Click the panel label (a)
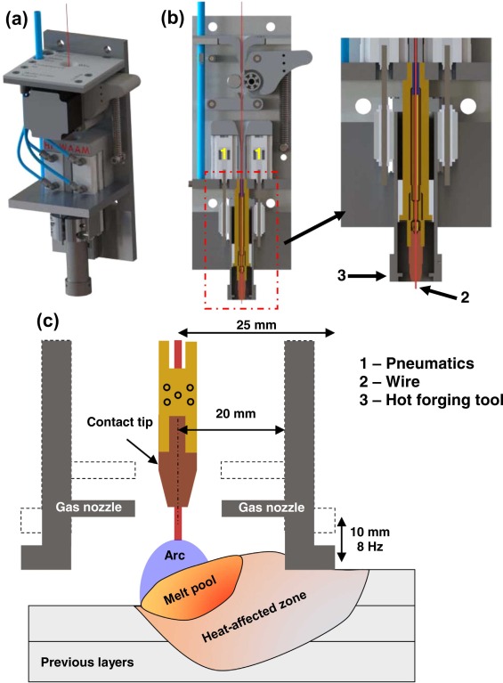[17, 20]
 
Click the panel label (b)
[173, 20]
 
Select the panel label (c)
[47, 321]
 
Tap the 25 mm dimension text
[256, 325]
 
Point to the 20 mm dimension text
[236, 413]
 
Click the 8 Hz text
[369, 546]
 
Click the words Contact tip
[120, 422]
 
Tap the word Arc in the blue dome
[174, 555]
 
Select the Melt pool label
[190, 591]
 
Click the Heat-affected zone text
[255, 617]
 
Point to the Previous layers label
[87, 663]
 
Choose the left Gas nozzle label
[88, 507]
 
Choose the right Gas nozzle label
[272, 507]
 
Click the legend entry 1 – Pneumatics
[417, 363]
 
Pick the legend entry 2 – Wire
[389, 382]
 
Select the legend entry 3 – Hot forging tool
[431, 400]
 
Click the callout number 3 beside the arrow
[342, 275]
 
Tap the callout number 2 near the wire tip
[465, 297]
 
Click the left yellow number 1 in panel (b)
[223, 154]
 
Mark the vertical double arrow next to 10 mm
[342, 540]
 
